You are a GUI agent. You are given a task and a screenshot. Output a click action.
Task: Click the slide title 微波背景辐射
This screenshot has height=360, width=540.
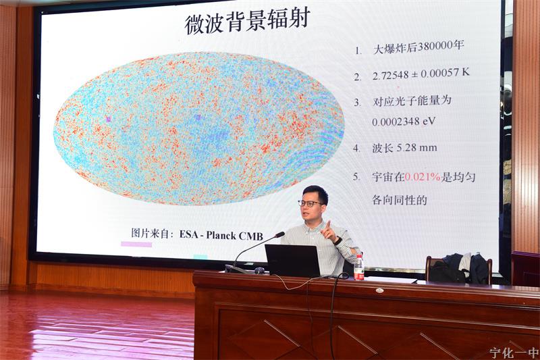click(247, 20)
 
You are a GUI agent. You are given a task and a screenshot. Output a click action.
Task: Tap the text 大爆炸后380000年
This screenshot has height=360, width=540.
click(418, 47)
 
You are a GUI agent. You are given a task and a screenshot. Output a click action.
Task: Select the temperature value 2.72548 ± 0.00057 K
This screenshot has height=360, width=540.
click(421, 74)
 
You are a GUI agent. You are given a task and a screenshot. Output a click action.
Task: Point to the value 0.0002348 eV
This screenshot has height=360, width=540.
click(404, 122)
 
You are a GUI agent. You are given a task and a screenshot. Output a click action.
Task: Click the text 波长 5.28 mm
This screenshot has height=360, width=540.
click(404, 148)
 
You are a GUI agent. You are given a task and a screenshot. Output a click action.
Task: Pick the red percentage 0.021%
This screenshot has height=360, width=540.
click(423, 177)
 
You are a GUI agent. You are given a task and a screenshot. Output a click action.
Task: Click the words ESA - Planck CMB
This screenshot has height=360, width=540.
click(221, 235)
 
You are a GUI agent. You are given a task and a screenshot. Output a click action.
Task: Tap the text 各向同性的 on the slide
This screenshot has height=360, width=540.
click(400, 200)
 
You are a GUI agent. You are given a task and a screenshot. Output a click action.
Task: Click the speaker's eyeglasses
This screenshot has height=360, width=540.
click(310, 203)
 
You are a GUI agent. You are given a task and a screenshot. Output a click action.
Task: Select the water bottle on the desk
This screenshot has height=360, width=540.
click(359, 267)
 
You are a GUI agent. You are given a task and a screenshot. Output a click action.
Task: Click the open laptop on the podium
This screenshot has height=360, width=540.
click(293, 261)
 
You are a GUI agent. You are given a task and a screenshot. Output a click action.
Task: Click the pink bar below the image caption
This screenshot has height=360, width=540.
click(136, 245)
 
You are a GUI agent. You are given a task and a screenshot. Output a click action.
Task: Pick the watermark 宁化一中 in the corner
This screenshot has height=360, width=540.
click(514, 353)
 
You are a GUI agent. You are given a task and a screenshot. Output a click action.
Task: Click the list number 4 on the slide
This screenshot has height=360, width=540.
click(356, 149)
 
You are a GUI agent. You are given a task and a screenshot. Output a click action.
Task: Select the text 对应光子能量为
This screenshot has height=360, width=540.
click(412, 101)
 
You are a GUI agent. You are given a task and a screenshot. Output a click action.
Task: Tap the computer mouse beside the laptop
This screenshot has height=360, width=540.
click(260, 270)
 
